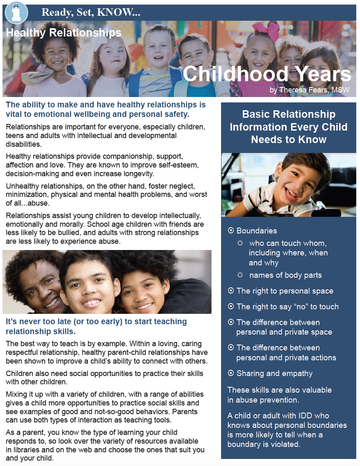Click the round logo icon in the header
(x=16, y=12)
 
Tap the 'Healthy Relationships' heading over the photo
(x=63, y=32)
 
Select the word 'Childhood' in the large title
(x=236, y=74)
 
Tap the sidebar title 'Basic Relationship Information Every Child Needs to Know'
(x=289, y=127)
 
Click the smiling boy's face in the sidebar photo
(x=292, y=183)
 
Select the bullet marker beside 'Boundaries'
(x=231, y=231)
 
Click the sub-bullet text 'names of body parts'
(x=285, y=275)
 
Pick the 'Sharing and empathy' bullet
(x=274, y=374)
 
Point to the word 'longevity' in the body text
(x=138, y=174)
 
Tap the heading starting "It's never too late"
(x=96, y=326)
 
